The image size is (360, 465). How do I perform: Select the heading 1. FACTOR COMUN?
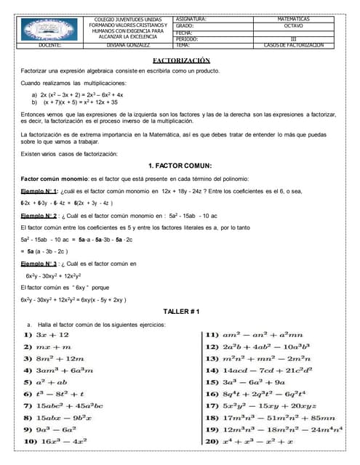tap(179, 166)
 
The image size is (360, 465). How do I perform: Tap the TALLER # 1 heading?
tap(181, 311)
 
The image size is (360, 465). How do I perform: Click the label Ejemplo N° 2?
tap(39, 216)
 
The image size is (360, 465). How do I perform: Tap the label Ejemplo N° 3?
tap(39, 264)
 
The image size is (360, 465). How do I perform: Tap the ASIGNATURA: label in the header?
tap(191, 18)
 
